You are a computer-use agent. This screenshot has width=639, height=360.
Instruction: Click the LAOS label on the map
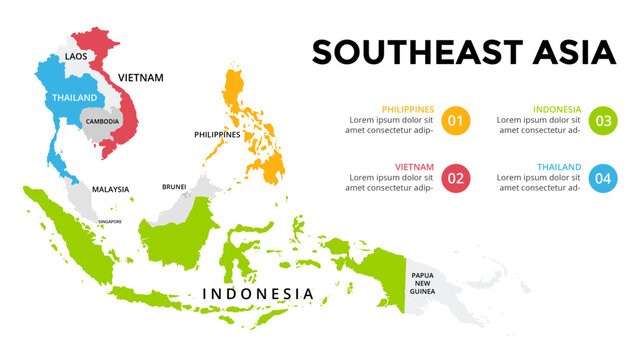point(76,57)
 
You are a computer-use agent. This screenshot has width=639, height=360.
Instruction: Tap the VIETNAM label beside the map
point(141,76)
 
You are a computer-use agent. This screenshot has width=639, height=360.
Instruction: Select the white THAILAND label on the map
point(76,98)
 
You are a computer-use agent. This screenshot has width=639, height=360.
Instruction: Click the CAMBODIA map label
point(102,121)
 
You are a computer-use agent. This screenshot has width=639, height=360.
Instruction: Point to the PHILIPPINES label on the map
point(217,134)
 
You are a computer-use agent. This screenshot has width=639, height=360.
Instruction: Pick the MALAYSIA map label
point(111,189)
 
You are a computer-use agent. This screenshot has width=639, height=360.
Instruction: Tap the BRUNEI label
point(174,187)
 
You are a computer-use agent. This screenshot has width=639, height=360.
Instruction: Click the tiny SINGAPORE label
point(109,221)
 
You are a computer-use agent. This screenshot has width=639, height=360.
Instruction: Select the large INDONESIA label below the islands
point(258,294)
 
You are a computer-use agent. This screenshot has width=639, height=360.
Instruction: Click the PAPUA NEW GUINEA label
point(420,282)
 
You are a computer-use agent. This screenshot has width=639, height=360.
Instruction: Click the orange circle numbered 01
point(455,121)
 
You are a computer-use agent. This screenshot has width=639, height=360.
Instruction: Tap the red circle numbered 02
point(455,179)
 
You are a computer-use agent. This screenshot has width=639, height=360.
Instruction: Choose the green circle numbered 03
point(603,121)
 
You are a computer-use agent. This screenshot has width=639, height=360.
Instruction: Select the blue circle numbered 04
point(603,179)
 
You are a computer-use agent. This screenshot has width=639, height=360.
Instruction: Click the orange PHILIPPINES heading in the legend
point(408,109)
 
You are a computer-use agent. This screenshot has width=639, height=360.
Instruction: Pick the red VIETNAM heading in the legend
point(415,167)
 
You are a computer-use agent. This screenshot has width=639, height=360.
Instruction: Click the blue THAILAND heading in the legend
point(559,167)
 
